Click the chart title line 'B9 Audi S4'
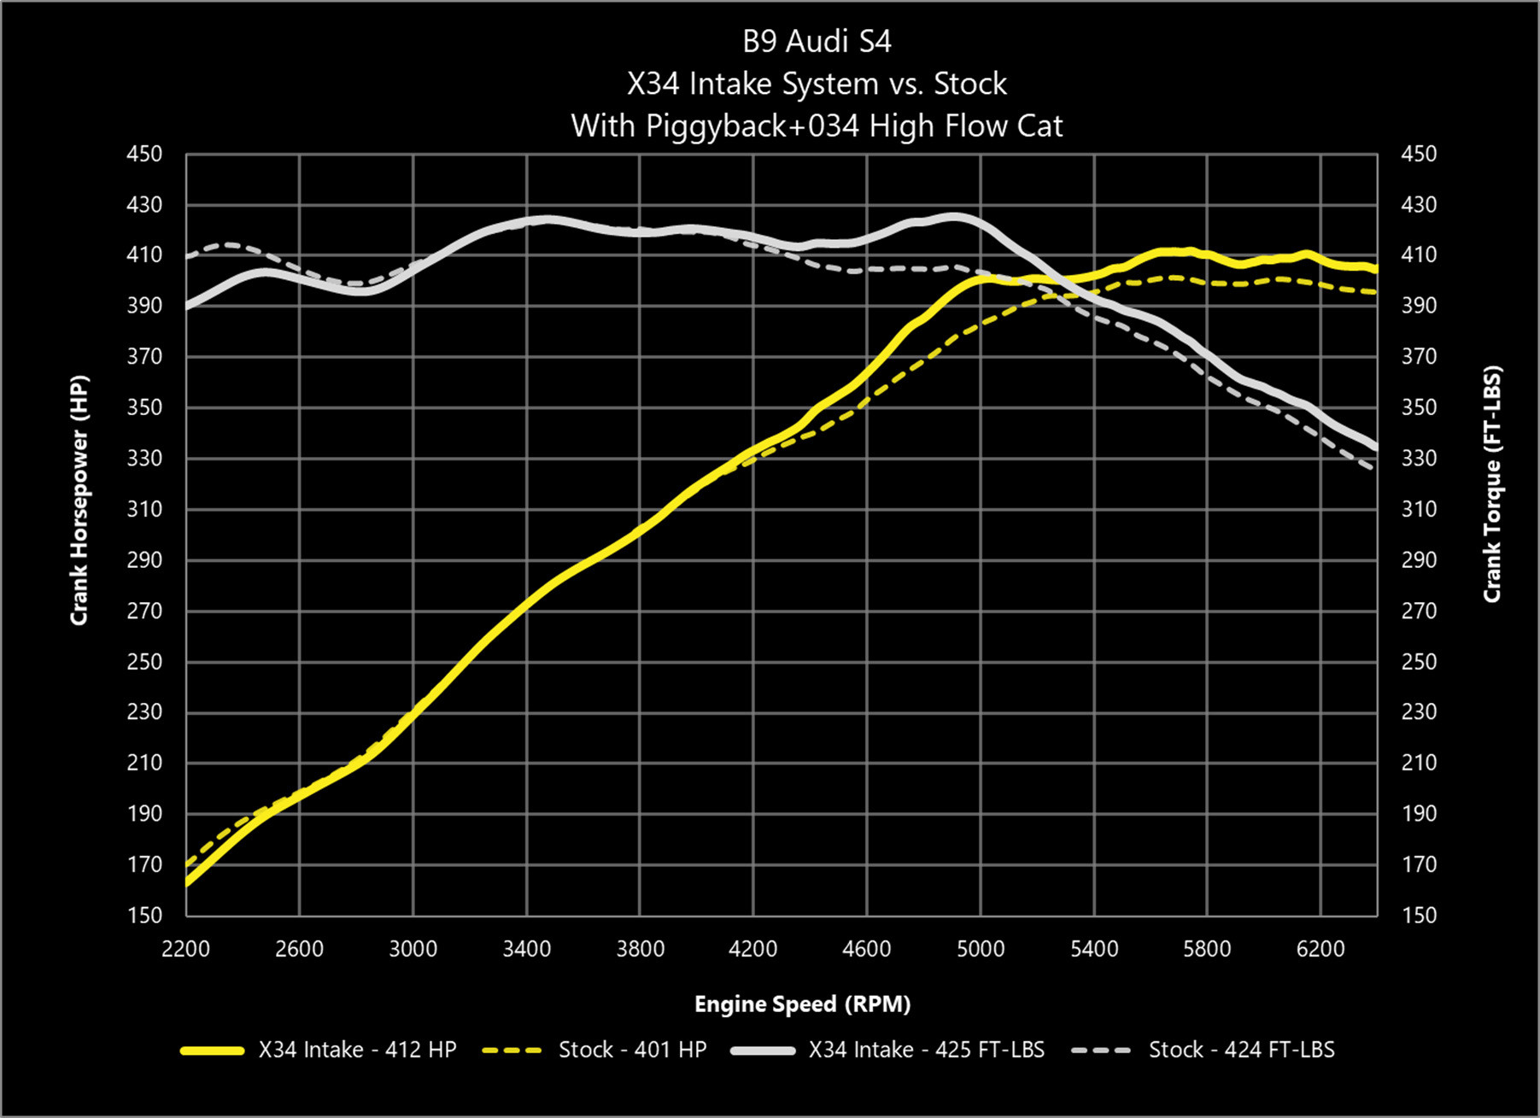(x=817, y=42)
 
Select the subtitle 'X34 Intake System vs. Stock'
(x=817, y=84)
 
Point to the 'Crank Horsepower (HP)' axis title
(x=79, y=500)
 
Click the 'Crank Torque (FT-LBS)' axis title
(x=1492, y=485)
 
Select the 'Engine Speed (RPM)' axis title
(x=802, y=1004)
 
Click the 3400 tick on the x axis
(x=526, y=949)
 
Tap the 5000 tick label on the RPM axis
(x=981, y=949)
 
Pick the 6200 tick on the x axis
(x=1320, y=949)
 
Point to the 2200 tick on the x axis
(x=185, y=949)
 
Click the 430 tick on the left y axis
(x=143, y=205)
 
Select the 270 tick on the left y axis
(x=143, y=611)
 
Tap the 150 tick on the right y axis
(x=1419, y=916)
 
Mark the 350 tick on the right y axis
(x=1419, y=407)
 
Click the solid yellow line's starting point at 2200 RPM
(x=187, y=883)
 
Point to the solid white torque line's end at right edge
(x=1375, y=447)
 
